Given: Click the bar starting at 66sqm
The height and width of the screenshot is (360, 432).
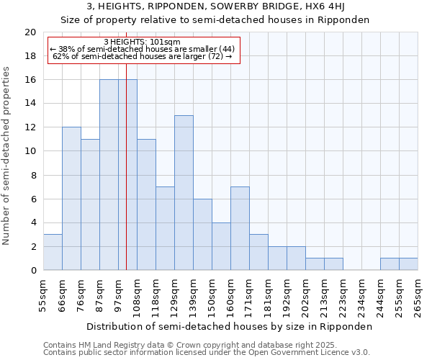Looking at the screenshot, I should click(x=71, y=199).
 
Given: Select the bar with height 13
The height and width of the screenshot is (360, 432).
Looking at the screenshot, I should click(x=184, y=193).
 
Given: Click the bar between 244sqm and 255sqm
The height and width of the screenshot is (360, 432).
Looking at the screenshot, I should click(x=390, y=264).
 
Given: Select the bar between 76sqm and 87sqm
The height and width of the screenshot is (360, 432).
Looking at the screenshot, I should click(x=90, y=204).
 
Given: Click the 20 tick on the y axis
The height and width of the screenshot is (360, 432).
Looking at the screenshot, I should click(x=30, y=32).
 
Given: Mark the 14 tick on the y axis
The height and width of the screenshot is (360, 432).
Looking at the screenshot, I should click(x=30, y=104).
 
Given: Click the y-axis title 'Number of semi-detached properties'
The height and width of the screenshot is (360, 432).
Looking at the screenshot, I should click(x=7, y=156).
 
